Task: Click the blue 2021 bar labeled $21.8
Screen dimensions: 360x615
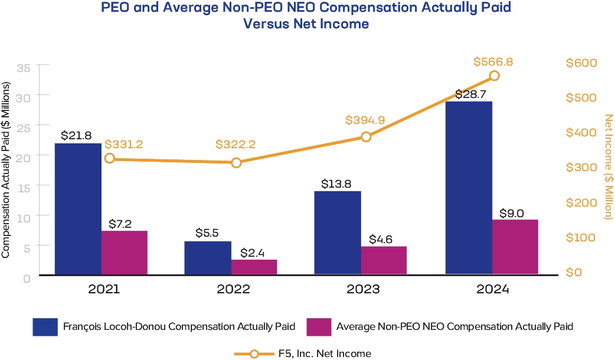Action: point(78,209)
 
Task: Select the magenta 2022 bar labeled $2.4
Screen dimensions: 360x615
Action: point(254,267)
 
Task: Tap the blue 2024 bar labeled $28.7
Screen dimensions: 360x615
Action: point(469,188)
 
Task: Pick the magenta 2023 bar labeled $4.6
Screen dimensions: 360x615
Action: point(384,260)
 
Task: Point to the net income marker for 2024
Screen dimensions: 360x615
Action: point(495,76)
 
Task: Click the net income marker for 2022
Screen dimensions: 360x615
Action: point(236,162)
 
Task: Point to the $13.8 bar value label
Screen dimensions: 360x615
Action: point(337,184)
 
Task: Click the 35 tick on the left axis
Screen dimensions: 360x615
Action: point(24,67)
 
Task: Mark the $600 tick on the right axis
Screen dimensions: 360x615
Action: point(581,63)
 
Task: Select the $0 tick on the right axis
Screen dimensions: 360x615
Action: point(574,273)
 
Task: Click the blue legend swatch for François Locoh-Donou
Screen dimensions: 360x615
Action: point(44,326)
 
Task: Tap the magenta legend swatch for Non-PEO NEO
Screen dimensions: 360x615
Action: point(319,326)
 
